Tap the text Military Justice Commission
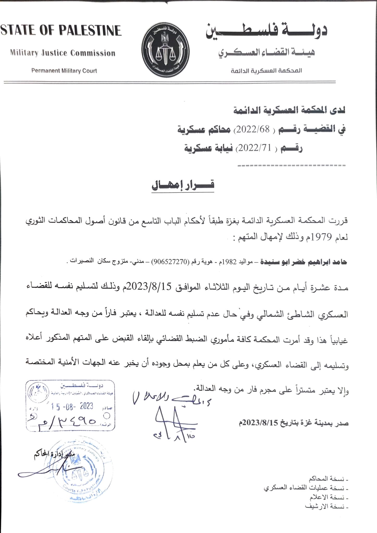[63, 53]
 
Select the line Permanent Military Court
[64, 71]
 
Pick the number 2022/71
[250, 148]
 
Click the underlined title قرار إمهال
[183, 185]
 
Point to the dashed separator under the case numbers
[291, 166]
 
